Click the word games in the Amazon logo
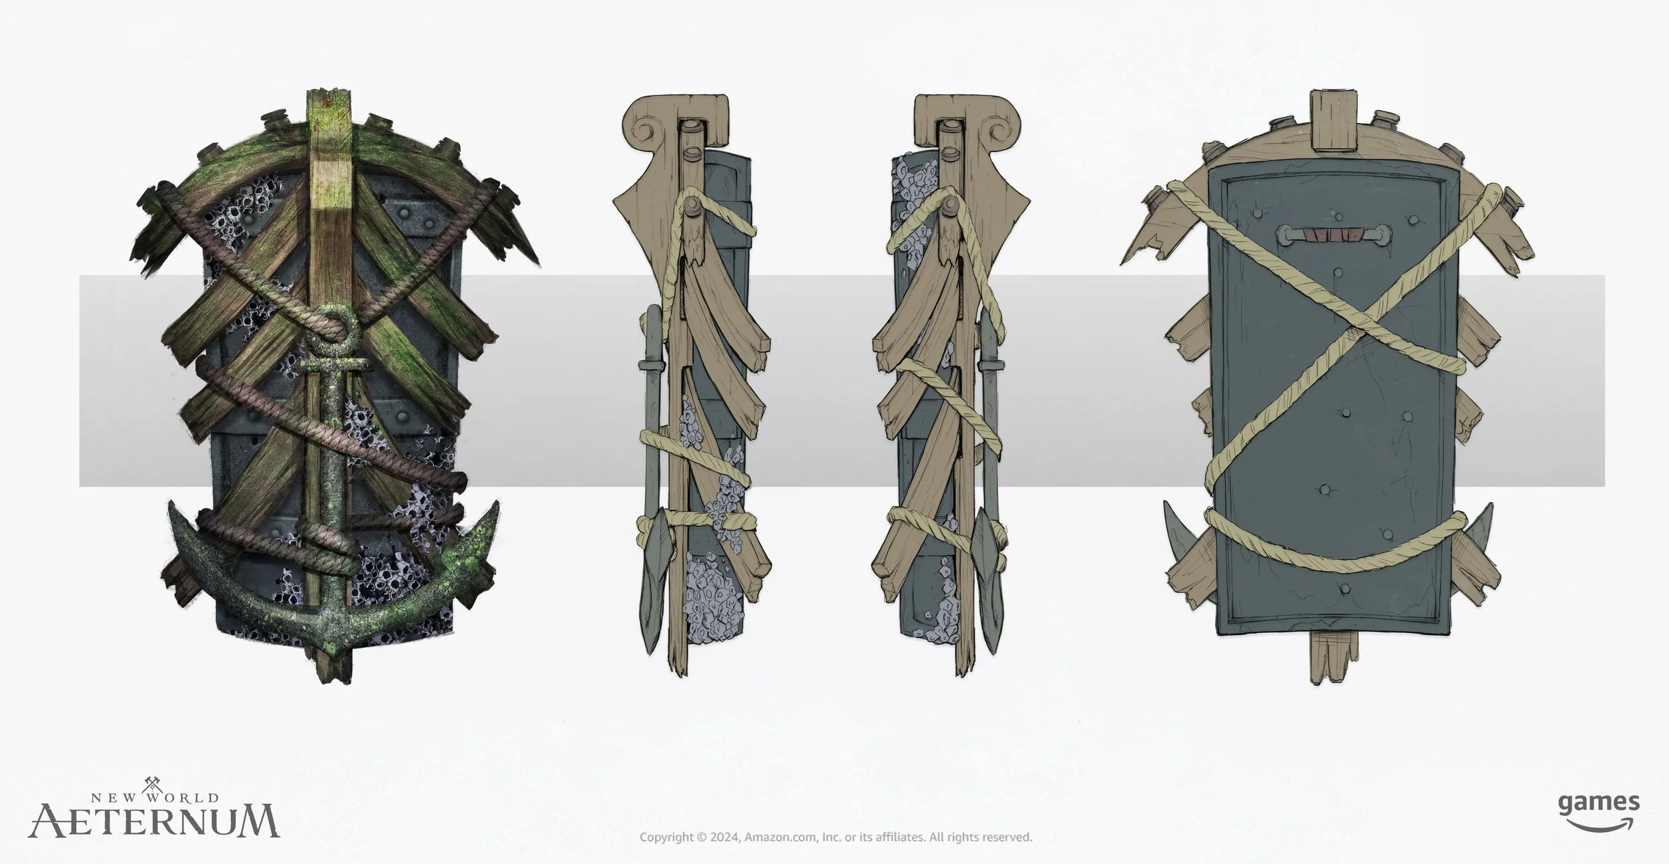coord(1598,802)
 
